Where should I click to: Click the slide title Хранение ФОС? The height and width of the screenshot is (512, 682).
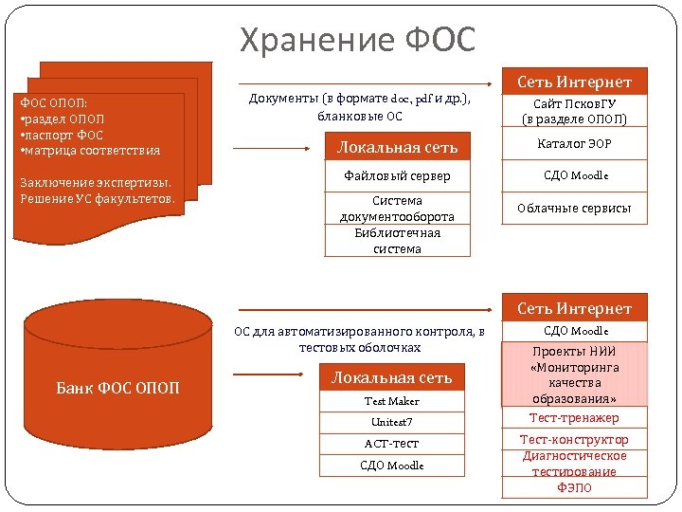pyautogui.click(x=357, y=40)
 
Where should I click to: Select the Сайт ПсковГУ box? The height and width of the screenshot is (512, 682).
pyautogui.click(x=575, y=111)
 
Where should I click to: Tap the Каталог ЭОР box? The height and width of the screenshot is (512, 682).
pyautogui.click(x=575, y=145)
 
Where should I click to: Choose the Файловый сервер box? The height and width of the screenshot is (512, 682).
pyautogui.click(x=397, y=176)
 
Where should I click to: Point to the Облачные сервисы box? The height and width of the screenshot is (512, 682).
pyautogui.click(x=575, y=208)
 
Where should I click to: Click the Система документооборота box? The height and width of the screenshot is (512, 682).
pyautogui.click(x=397, y=209)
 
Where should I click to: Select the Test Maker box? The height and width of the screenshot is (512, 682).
pyautogui.click(x=393, y=402)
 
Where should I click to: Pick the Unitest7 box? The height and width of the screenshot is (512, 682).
pyautogui.click(x=393, y=422)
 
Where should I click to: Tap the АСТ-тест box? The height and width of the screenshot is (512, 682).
pyautogui.click(x=393, y=444)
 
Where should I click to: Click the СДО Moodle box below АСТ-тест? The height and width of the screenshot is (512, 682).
pyautogui.click(x=393, y=466)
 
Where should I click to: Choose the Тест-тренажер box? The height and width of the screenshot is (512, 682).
pyautogui.click(x=575, y=418)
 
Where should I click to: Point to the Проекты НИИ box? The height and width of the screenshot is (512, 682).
pyautogui.click(x=575, y=375)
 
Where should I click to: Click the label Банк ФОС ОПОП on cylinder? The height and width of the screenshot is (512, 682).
pyautogui.click(x=118, y=388)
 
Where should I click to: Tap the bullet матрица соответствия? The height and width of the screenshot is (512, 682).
pyautogui.click(x=90, y=151)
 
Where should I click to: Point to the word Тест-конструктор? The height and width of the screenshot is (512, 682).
pyautogui.click(x=575, y=440)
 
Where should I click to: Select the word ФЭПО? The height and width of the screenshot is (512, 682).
pyautogui.click(x=575, y=487)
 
